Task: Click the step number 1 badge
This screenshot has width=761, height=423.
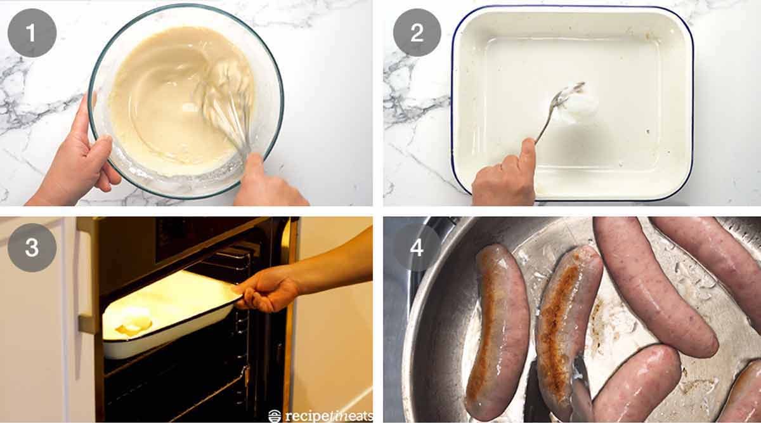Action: pyautogui.click(x=32, y=33)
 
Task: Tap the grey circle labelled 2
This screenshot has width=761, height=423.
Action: pyautogui.click(x=417, y=33)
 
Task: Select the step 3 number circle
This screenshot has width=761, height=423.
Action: pyautogui.click(x=32, y=248)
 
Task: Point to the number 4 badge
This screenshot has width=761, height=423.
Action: pyautogui.click(x=417, y=248)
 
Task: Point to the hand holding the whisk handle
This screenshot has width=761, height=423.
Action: pyautogui.click(x=266, y=184)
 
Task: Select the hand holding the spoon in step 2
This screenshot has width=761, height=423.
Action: pyautogui.click(x=504, y=174)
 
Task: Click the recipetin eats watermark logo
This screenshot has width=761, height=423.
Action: pyautogui.click(x=320, y=415)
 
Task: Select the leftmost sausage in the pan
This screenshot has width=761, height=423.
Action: pyautogui.click(x=498, y=330)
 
